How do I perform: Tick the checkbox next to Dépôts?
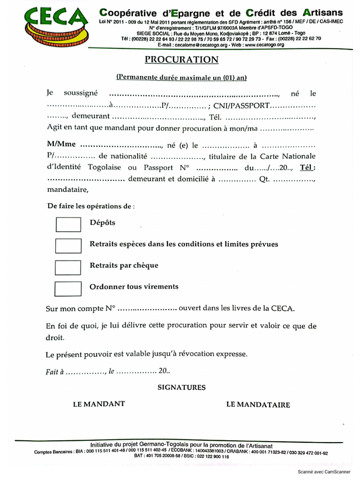pos(68,224)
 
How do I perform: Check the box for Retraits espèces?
pos(68,246)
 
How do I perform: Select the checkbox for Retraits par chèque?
pos(68,267)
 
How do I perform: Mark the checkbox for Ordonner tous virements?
pos(68,288)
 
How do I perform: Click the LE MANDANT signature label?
pos(98,404)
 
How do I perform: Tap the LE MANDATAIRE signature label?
pos(258,405)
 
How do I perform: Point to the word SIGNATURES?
pos(181,387)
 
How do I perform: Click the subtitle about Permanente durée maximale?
pos(181,77)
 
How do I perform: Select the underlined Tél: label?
pos(308,168)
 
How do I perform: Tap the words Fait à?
pos(54,371)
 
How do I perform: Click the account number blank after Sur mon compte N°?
pos(147,309)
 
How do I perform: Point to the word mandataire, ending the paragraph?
pos(67,190)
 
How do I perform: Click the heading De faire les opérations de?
pos(91,206)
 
